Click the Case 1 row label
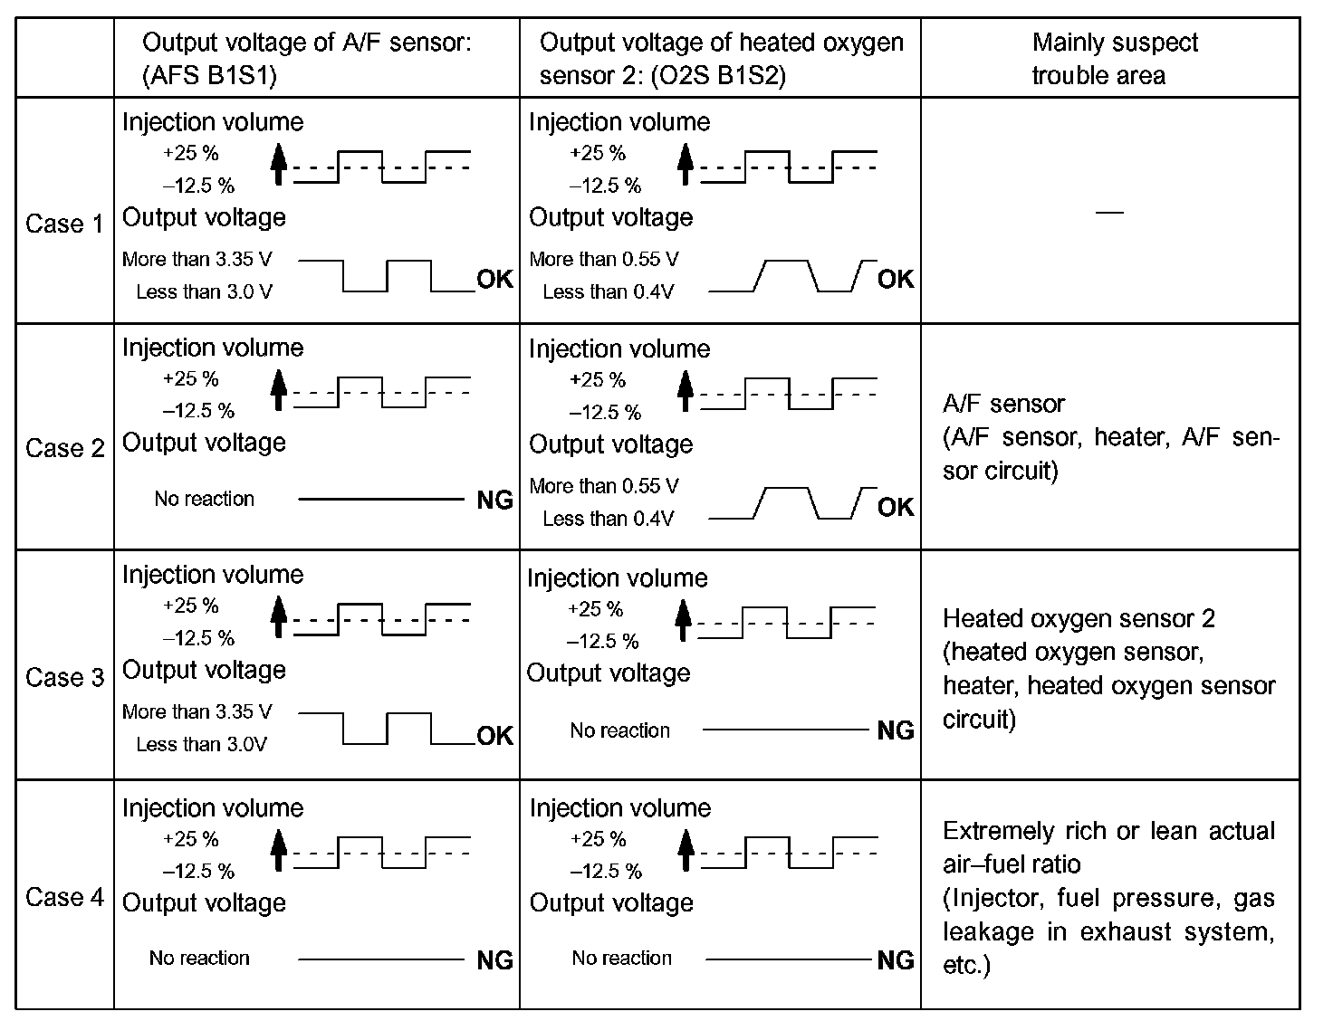pyautogui.click(x=64, y=224)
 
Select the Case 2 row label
pyautogui.click(x=64, y=448)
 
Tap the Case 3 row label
pyautogui.click(x=64, y=677)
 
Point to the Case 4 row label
pyautogui.click(x=64, y=897)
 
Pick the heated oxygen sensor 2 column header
pyautogui.click(x=721, y=59)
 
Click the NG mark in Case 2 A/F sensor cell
pyautogui.click(x=494, y=500)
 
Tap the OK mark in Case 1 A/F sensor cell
pyautogui.click(x=494, y=279)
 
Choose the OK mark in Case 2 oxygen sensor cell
pyautogui.click(x=896, y=507)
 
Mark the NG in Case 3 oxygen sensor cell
pyautogui.click(x=896, y=730)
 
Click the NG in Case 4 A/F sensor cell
pyautogui.click(x=494, y=959)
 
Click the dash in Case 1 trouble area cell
pyautogui.click(x=1109, y=212)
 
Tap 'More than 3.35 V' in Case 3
pyautogui.click(x=197, y=711)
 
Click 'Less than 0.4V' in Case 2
pyautogui.click(x=608, y=519)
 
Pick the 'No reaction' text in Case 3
pyautogui.click(x=619, y=730)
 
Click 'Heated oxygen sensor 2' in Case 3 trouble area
pyautogui.click(x=1079, y=618)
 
